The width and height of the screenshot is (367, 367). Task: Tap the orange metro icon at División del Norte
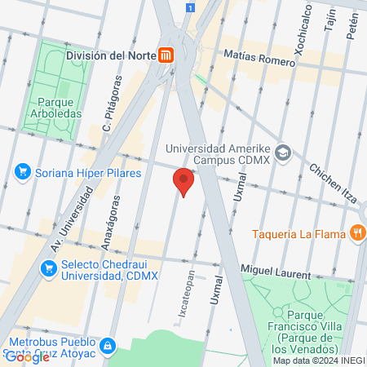(x=166, y=55)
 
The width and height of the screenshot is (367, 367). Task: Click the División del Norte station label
(x=106, y=55)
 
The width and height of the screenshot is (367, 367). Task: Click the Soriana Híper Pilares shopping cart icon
(x=23, y=172)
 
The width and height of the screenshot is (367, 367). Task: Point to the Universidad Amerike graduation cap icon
(x=283, y=152)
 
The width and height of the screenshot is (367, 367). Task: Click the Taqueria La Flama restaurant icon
(x=357, y=234)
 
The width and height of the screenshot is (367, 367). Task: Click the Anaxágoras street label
(x=106, y=226)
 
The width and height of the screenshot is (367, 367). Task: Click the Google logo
(x=26, y=356)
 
